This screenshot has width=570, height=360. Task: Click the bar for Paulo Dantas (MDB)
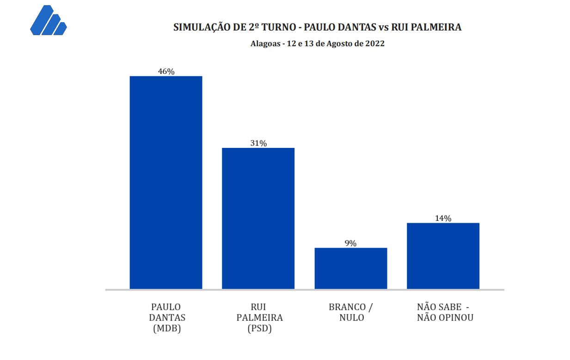(165, 183)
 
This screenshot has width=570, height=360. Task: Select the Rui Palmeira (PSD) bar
(258, 218)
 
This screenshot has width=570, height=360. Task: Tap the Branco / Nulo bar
(350, 268)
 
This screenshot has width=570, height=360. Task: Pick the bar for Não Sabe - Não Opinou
(443, 256)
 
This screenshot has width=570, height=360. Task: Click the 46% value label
(166, 72)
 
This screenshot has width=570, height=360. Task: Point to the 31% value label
(258, 143)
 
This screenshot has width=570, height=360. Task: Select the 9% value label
(350, 244)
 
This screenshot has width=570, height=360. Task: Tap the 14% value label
(443, 219)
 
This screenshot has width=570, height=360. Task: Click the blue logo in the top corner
(48, 21)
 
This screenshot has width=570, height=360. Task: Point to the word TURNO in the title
(277, 27)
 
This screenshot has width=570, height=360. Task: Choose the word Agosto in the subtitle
(339, 44)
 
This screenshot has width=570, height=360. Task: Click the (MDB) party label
(166, 329)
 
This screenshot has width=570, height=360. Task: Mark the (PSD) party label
(259, 329)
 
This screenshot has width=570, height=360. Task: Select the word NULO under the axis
(351, 318)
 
